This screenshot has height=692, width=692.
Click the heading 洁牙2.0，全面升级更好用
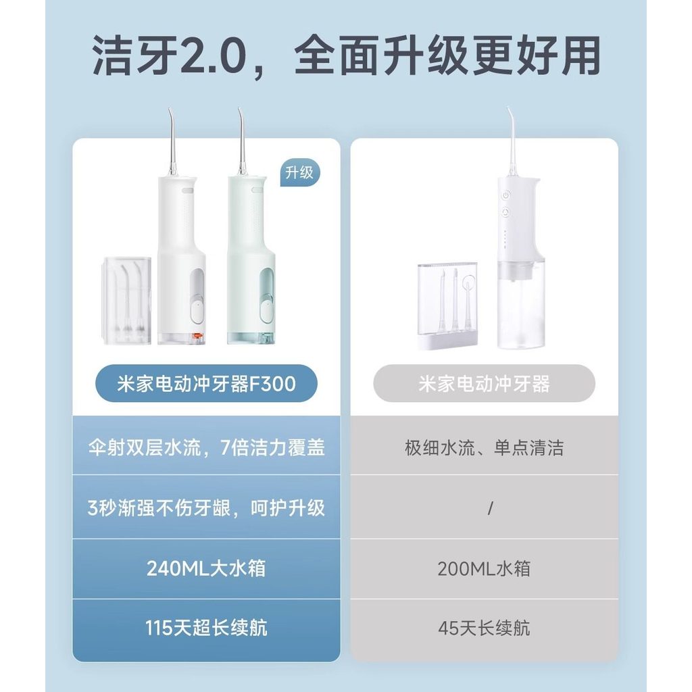click(x=346, y=57)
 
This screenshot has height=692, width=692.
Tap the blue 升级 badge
click(x=299, y=172)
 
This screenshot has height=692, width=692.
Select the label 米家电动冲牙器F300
click(x=206, y=384)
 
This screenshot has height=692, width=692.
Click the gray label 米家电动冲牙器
click(x=484, y=384)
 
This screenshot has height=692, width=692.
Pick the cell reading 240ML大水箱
click(x=206, y=568)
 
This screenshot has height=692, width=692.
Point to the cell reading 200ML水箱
click(x=484, y=568)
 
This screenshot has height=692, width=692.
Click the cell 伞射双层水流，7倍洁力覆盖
click(x=206, y=447)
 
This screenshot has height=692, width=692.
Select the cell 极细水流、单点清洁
click(x=484, y=447)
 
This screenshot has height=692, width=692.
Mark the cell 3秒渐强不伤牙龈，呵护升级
click(x=206, y=508)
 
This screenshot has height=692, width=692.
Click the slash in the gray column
click(x=491, y=508)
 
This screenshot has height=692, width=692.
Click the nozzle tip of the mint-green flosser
click(x=239, y=109)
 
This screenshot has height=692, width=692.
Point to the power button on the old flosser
click(x=505, y=195)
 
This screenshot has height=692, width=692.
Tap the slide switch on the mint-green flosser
click(x=266, y=312)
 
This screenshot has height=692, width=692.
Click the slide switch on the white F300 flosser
click(x=197, y=312)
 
